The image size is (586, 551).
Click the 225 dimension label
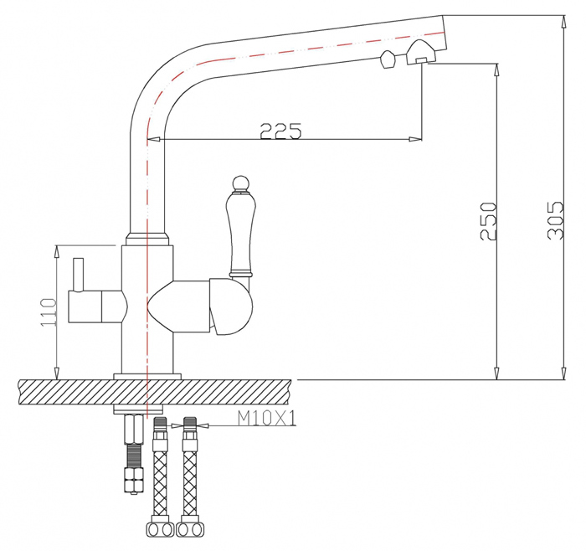point(280,131)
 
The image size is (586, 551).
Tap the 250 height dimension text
point(488,221)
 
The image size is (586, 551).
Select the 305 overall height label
point(554,220)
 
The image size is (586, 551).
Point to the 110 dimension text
point(49,312)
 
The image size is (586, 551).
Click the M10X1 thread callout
point(267,418)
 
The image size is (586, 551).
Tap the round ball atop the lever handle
point(241,183)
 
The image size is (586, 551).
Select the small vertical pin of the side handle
point(79,274)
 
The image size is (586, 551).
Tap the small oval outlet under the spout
point(388,60)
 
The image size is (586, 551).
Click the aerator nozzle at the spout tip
point(421,52)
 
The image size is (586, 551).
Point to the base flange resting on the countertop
point(147,377)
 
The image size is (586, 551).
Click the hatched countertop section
point(155,392)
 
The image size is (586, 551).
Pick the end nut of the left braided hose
point(160,528)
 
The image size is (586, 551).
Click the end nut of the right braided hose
point(190,528)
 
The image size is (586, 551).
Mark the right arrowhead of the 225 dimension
point(415,139)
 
